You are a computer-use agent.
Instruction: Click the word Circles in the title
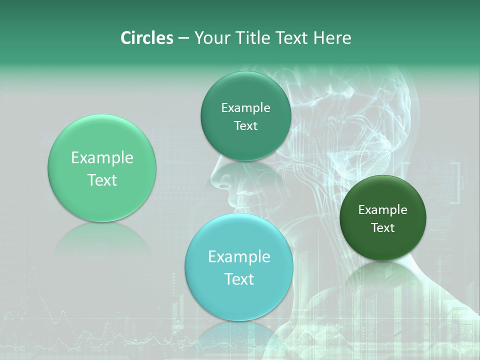(147, 38)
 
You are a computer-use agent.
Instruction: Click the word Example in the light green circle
(102, 158)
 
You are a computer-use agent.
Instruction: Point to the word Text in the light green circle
(102, 180)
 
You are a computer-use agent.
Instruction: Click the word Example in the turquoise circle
(239, 256)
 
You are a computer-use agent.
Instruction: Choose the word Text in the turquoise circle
(239, 279)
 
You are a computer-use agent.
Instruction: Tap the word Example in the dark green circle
(383, 210)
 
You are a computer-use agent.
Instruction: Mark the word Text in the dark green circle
(383, 228)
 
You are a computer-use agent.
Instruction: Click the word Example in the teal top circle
(245, 108)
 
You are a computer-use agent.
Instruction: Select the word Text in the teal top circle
(245, 126)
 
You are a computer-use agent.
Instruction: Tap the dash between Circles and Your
(183, 38)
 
